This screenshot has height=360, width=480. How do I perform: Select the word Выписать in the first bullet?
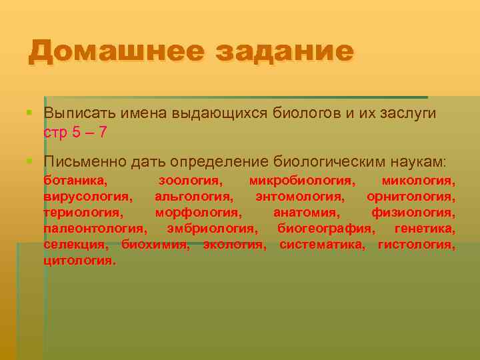79,113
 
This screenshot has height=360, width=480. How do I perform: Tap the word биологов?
306,113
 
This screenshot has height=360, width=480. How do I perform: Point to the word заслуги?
405,113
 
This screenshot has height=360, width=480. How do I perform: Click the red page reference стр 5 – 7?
75,132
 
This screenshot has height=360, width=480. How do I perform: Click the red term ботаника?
75,180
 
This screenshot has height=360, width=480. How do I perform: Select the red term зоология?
190,180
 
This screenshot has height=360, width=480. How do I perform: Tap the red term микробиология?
301,180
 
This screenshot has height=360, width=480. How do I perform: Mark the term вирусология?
87,197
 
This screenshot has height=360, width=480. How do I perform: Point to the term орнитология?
411,197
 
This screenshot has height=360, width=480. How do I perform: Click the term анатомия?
306,213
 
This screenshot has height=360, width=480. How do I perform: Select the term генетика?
425,229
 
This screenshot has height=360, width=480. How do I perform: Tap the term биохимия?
155,245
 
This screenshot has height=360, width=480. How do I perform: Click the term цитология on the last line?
79,261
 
